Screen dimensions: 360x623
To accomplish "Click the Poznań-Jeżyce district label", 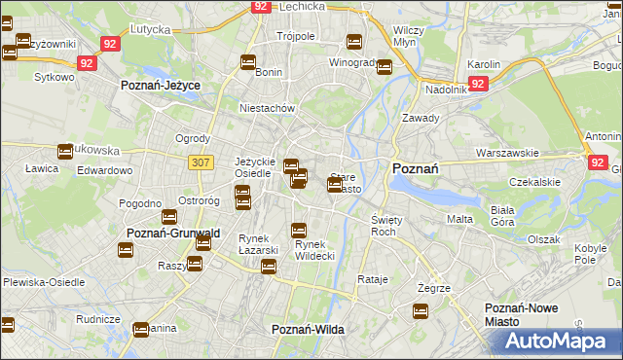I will click(160, 86).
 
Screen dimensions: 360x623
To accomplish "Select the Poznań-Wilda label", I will click(308, 330).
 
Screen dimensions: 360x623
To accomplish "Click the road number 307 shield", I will click(201, 162).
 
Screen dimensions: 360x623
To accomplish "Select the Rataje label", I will click(373, 279).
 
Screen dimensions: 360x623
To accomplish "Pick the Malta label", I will click(459, 220).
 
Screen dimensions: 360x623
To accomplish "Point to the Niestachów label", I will click(267, 109).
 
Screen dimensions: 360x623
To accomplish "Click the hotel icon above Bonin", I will click(248, 63).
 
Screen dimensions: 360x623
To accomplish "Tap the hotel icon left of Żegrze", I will click(421, 311).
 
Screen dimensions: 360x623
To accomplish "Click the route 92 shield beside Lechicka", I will click(259, 6).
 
